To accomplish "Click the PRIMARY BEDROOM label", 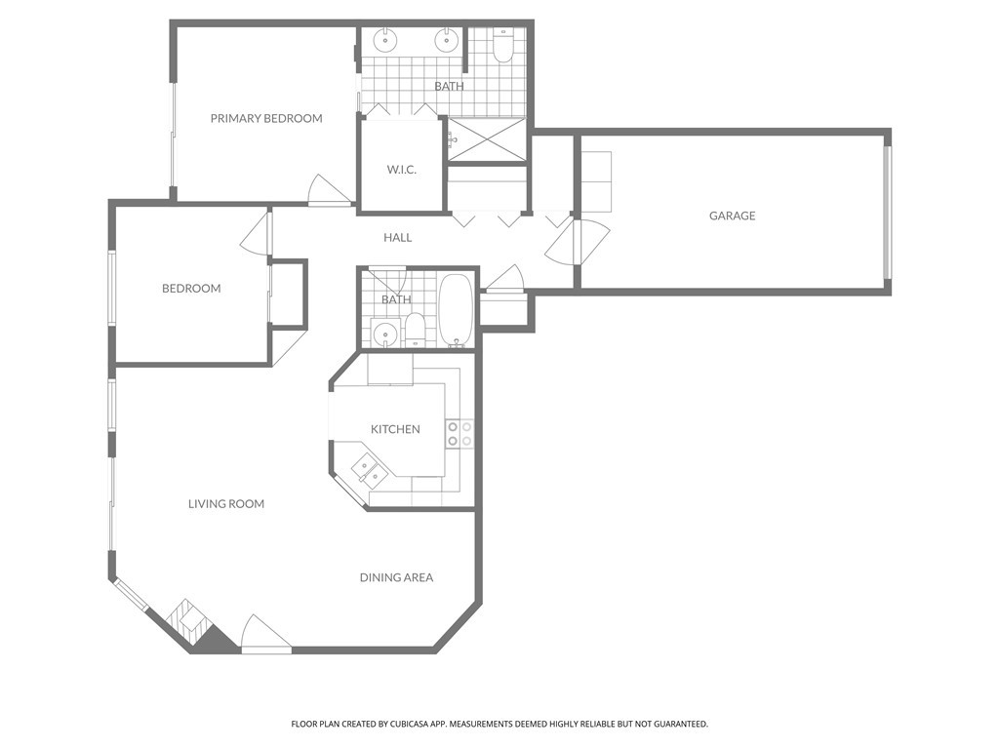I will pyautogui.click(x=266, y=118).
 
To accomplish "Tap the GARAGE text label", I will pyautogui.click(x=732, y=216).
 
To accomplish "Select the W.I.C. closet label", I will pyautogui.click(x=401, y=170).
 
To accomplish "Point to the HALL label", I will pyautogui.click(x=397, y=237).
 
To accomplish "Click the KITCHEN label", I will pyautogui.click(x=395, y=429).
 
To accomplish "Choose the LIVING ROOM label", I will pyautogui.click(x=226, y=503).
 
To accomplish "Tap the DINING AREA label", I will pyautogui.click(x=396, y=577).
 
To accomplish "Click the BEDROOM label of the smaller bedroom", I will pyautogui.click(x=191, y=288).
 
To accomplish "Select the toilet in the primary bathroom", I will pyautogui.click(x=502, y=46).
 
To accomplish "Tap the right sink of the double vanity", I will pyautogui.click(x=447, y=40).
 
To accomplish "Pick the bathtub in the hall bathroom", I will pyautogui.click(x=456, y=310).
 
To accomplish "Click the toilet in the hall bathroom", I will pyautogui.click(x=416, y=328).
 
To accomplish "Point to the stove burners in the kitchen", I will pyautogui.click(x=460, y=434).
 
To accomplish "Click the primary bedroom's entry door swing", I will pyautogui.click(x=327, y=190).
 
